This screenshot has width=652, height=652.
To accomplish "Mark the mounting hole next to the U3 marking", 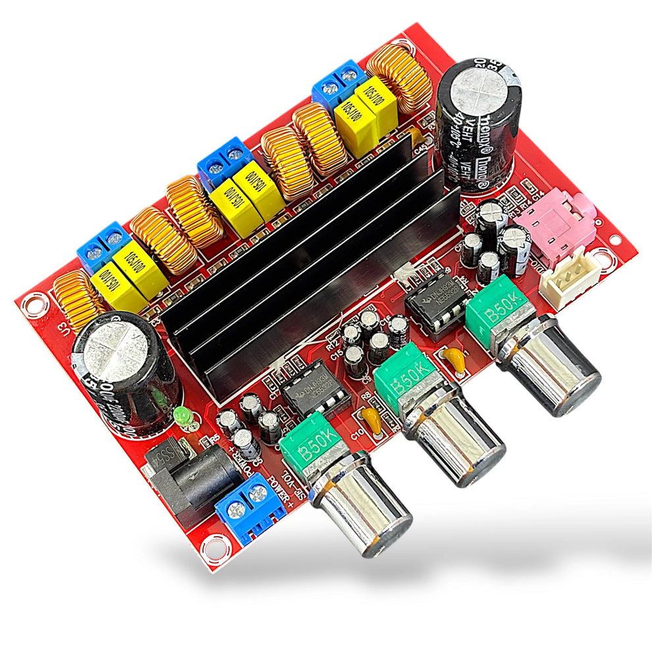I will [x=31, y=304].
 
